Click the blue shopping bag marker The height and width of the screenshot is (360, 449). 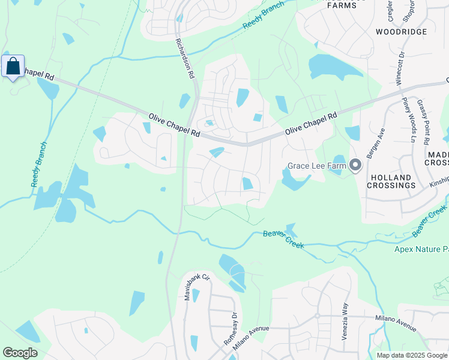coord(13,67)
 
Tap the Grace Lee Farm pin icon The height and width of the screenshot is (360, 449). coord(355,165)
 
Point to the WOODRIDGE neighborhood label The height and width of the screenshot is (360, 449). coord(401,31)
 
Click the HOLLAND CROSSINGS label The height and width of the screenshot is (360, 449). coord(392,182)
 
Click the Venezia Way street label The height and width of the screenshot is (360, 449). coord(345,322)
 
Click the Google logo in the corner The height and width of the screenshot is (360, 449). coord(20,353)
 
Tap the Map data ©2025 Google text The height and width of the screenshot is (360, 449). coord(412,355)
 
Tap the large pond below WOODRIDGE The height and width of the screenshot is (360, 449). coord(334,68)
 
